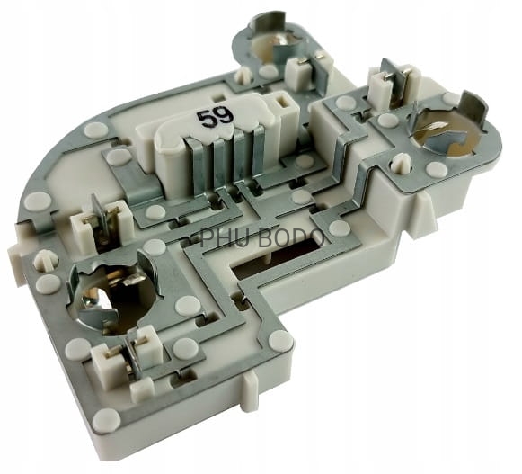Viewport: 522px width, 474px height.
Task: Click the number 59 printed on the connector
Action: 215,117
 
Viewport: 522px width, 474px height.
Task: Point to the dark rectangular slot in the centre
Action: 277,260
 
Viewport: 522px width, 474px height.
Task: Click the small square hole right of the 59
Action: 284,102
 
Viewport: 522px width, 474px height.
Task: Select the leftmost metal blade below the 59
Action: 195,165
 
